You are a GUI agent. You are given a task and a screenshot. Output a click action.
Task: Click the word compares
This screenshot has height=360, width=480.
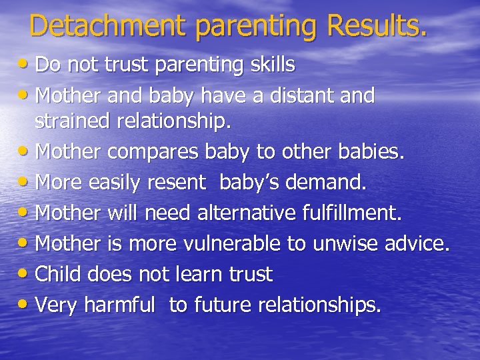[153, 153]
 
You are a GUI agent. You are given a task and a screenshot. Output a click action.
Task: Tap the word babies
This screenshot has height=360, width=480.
[369, 152]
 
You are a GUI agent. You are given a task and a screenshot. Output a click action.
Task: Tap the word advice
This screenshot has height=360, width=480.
[417, 244]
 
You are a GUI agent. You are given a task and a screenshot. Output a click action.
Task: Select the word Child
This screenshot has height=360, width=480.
[58, 274]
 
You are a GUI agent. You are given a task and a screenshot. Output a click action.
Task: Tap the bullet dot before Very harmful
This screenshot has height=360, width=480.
[25, 305]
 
